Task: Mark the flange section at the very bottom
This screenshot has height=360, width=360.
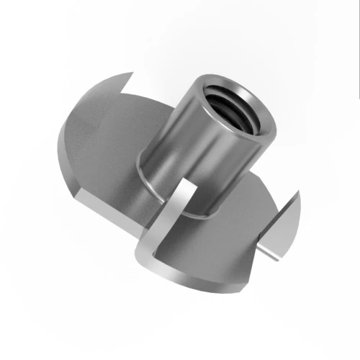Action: [x=209, y=277]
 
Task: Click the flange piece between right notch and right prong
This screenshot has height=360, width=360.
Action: [x=274, y=230]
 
